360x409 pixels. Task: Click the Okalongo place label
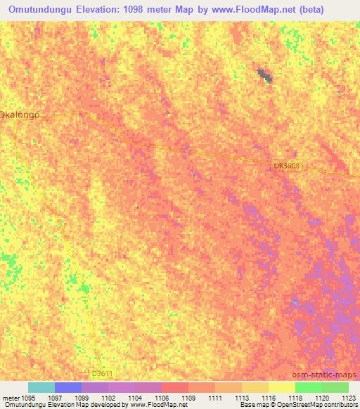tap(19, 114)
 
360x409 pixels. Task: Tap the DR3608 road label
tap(286, 166)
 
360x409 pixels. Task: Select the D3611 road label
tap(102, 373)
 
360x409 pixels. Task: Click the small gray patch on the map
tap(264, 76)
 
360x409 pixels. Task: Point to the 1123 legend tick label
tap(349, 397)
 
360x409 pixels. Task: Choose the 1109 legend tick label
tap(188, 397)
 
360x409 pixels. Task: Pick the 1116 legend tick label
tap(269, 397)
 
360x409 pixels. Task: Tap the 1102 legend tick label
tap(108, 397)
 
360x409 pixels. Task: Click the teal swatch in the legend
tap(41, 387)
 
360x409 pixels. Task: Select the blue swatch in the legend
tap(67, 387)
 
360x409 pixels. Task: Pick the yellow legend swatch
tap(281, 387)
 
